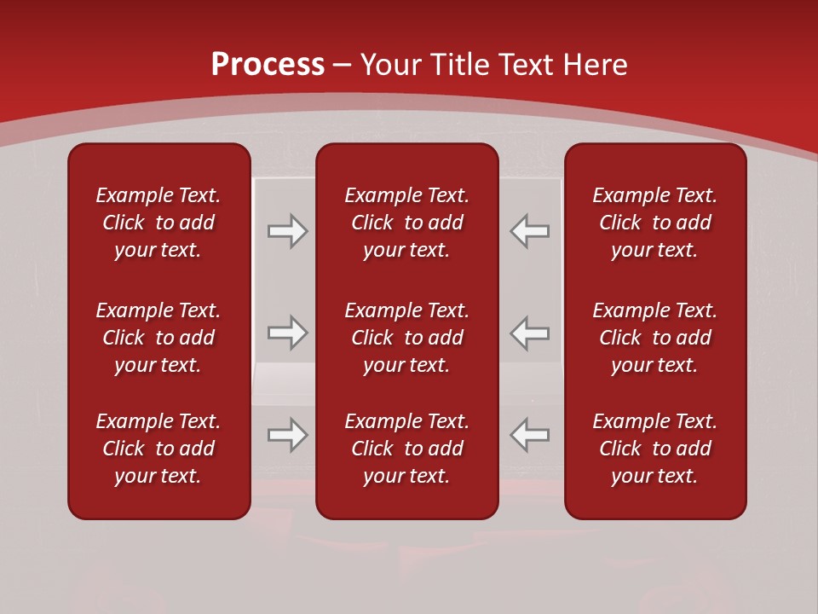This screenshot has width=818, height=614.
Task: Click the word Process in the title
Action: coord(268,65)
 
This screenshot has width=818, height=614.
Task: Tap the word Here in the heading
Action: coord(595,65)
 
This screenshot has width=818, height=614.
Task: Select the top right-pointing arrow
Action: coord(287,231)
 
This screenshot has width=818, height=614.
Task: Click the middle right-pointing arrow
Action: coord(287,333)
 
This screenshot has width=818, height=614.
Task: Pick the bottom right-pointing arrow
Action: coord(287,435)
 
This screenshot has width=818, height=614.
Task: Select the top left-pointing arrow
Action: coord(529,231)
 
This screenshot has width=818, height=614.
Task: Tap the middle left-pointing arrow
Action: coord(529,333)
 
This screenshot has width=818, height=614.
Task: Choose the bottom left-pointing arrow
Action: coord(529,435)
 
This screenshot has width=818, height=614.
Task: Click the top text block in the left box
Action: coord(158,223)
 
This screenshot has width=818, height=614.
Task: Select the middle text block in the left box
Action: coord(158,338)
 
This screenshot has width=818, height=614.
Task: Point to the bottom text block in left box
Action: coord(158,449)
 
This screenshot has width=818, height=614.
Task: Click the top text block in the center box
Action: coord(406,223)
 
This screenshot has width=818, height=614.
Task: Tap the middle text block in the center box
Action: coord(406,338)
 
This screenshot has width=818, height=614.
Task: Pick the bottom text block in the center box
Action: coord(406,449)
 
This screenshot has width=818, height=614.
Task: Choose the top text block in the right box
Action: coord(654,223)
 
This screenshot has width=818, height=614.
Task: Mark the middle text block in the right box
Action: coord(654,338)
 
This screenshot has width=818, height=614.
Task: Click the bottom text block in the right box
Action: coord(654,449)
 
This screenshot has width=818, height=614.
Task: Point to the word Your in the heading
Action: coord(389,65)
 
